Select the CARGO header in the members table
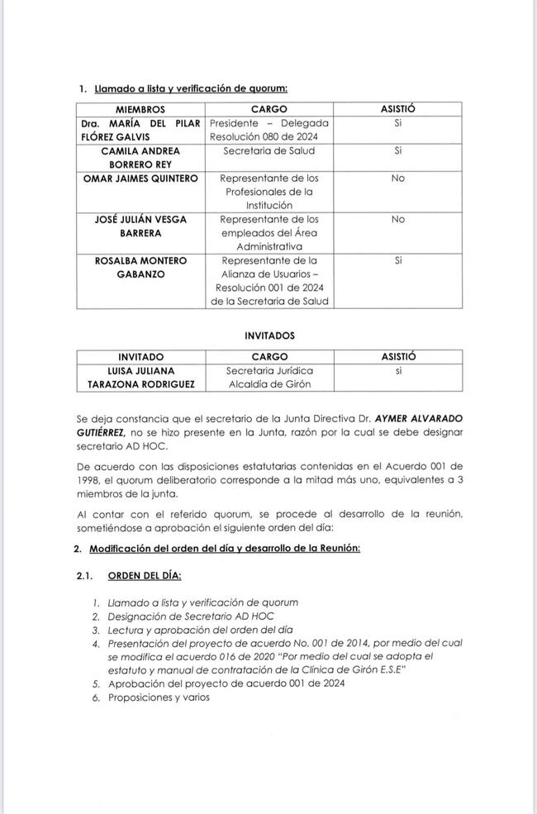[x=268, y=109]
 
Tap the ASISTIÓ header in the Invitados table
[x=397, y=356]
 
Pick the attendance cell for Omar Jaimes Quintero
[x=397, y=178]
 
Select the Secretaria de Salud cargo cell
[x=268, y=150]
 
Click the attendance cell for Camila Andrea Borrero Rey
[x=397, y=150]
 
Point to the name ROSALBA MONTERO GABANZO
[x=140, y=267]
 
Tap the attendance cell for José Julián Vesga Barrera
[x=397, y=219]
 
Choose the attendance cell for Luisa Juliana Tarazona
[x=397, y=370]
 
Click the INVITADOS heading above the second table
[x=268, y=336]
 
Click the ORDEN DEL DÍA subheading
[x=145, y=575]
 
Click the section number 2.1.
[x=83, y=575]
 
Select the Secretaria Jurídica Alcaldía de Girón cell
[x=268, y=377]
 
